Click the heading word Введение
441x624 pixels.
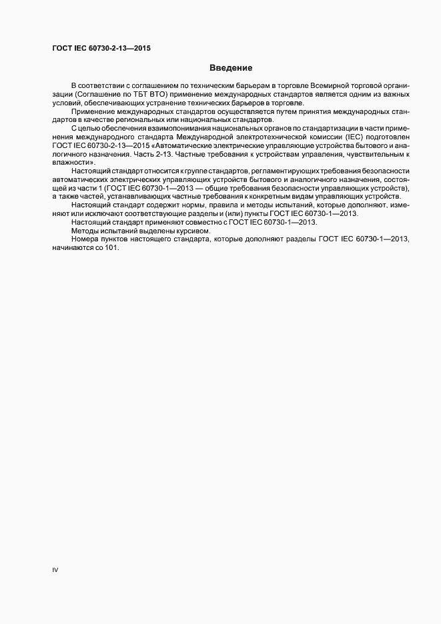tap(231, 68)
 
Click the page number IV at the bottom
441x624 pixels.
tap(55, 571)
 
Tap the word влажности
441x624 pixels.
tap(72, 162)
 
